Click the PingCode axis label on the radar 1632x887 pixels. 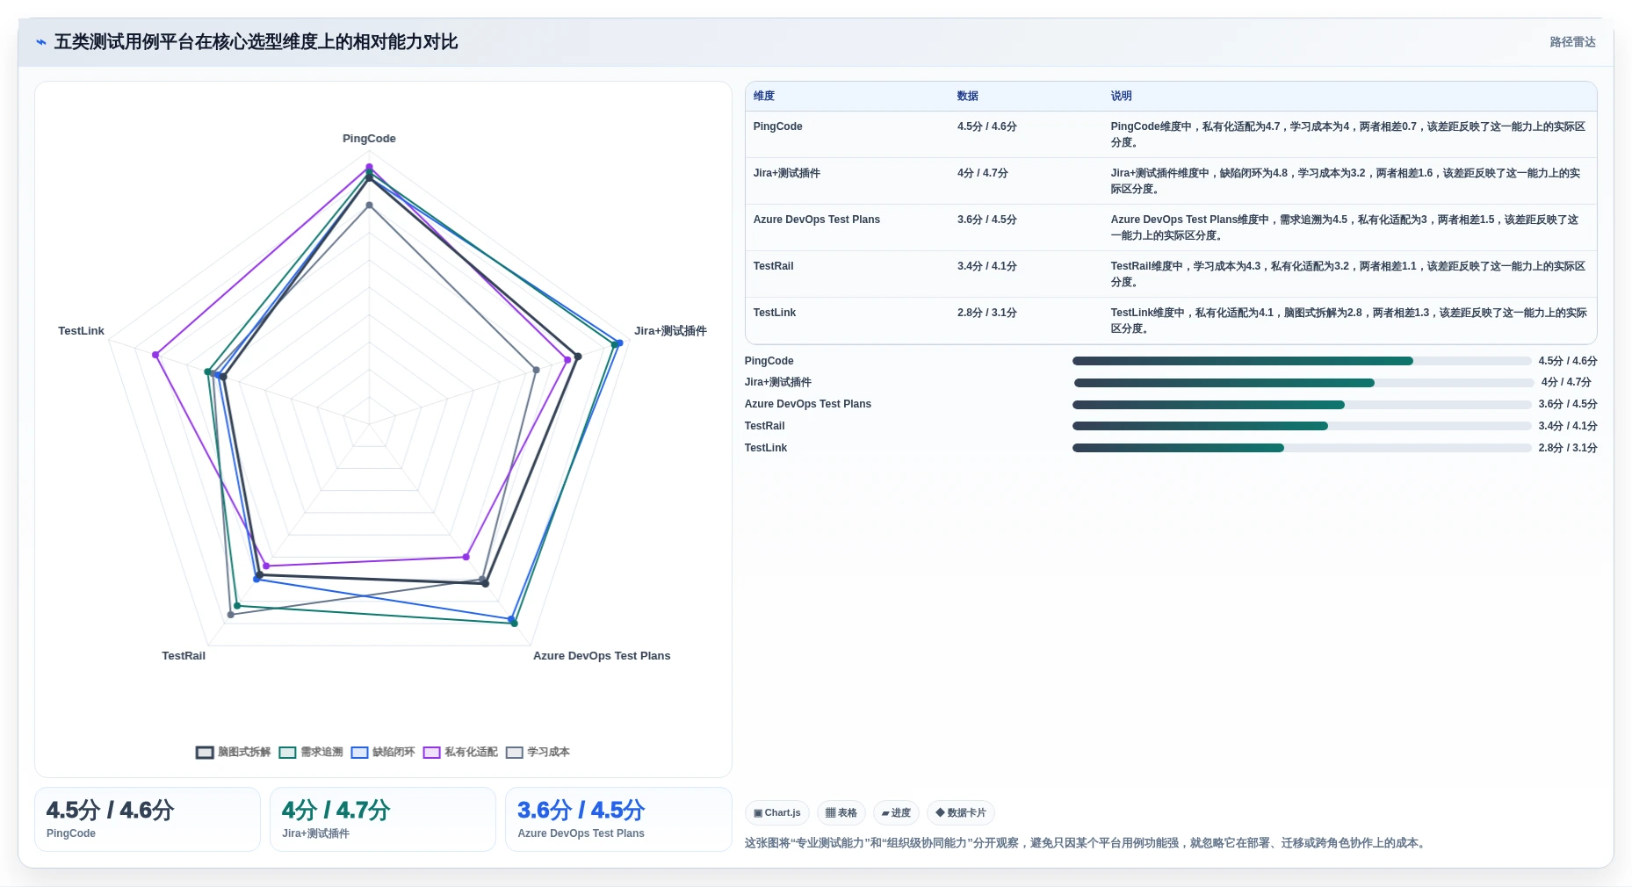point(369,139)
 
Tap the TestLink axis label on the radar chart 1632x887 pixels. point(81,331)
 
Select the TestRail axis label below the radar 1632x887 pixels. point(184,656)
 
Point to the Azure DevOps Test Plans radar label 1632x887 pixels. point(602,656)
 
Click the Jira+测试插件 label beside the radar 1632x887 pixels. point(670,331)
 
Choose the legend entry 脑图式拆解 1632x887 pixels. point(233,752)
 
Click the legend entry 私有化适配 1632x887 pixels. point(460,752)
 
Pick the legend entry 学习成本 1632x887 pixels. point(538,752)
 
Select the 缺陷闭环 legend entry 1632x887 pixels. point(383,752)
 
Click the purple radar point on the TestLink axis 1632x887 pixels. point(155,355)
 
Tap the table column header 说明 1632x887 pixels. point(1121,97)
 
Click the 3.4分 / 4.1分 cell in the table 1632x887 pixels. point(987,266)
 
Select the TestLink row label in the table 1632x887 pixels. point(775,313)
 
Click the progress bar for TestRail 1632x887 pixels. point(1302,426)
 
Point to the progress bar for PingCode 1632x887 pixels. point(1302,361)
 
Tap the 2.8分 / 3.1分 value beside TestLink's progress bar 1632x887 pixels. point(1568,448)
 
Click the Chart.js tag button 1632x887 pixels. point(777,813)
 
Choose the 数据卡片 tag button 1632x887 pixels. point(961,813)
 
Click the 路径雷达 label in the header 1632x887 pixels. point(1572,42)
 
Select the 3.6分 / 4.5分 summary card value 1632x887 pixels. point(581,810)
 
